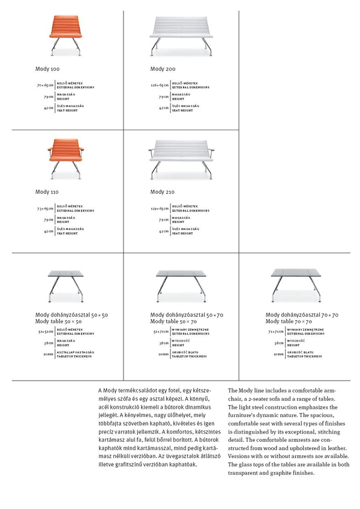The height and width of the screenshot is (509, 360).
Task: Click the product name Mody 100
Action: point(47,70)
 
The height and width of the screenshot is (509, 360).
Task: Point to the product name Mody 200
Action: point(163,70)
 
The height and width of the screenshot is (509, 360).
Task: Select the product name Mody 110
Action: point(47,193)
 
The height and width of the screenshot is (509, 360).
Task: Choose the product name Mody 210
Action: point(163,193)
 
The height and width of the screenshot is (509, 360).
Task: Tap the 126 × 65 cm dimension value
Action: point(160,86)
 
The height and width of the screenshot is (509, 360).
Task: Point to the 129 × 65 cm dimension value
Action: point(160,209)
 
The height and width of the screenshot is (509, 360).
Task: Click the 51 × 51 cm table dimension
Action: point(46,331)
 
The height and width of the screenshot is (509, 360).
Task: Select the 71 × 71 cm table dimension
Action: point(276,331)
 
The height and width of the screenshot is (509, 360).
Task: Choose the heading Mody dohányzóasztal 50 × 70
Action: point(187,315)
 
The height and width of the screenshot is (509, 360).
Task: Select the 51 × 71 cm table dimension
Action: point(161,331)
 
